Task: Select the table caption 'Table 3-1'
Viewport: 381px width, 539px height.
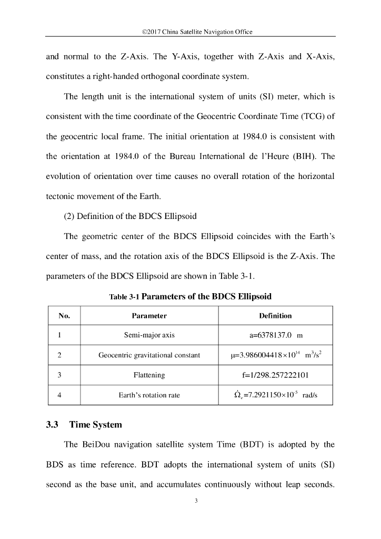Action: (x=125, y=297)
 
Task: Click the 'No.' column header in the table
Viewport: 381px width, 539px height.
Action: (x=64, y=316)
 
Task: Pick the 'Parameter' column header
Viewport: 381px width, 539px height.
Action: (x=149, y=316)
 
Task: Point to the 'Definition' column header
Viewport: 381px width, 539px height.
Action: (x=275, y=316)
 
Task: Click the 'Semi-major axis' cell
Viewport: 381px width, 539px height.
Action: (x=149, y=335)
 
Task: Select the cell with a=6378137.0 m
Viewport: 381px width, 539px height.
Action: (x=275, y=335)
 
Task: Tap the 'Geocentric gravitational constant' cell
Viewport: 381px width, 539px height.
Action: (x=149, y=355)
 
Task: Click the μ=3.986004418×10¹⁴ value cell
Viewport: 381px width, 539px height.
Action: (x=275, y=355)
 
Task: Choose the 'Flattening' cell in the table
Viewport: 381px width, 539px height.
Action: (x=149, y=375)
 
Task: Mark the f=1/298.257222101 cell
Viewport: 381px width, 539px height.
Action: (x=275, y=375)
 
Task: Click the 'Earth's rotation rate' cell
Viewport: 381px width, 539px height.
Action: (x=149, y=395)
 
